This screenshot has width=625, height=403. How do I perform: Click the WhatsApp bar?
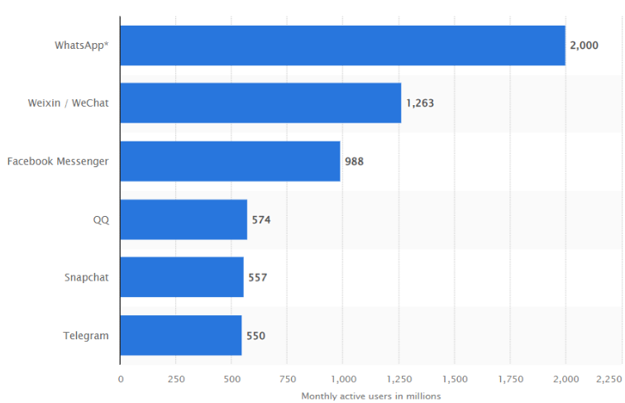point(342,46)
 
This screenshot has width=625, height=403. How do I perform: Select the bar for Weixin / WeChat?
point(260,103)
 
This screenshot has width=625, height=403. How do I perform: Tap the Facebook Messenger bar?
point(230,161)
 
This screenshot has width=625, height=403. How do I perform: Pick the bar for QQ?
point(184,219)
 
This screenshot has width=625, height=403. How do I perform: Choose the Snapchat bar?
point(182,277)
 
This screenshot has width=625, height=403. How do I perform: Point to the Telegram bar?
point(180,335)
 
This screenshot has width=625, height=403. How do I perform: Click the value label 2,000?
point(584,46)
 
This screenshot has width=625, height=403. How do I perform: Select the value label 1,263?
point(419,103)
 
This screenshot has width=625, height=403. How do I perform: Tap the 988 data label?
point(354,161)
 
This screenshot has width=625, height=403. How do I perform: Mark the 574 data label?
point(261,219)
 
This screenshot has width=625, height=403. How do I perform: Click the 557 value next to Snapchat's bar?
point(257,277)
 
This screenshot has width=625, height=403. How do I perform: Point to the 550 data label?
point(255,335)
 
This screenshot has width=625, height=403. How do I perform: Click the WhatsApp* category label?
point(81,46)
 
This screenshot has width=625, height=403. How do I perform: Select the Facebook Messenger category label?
point(58,161)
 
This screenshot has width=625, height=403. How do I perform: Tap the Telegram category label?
point(86,335)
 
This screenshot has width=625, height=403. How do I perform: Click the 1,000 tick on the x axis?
point(342,379)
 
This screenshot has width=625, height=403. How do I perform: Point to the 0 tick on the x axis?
point(121,379)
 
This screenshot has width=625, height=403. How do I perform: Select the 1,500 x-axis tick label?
point(454,379)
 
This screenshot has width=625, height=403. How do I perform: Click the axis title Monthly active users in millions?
point(371,396)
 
